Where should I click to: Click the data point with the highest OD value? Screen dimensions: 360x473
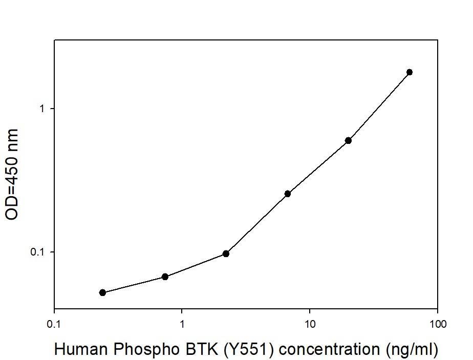tap(409, 72)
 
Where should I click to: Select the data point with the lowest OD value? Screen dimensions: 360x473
tap(102, 292)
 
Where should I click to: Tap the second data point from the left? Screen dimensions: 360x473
tap(165, 277)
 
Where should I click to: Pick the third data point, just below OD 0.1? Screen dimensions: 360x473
tap(226, 253)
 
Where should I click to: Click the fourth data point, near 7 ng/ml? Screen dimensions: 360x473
tap(288, 194)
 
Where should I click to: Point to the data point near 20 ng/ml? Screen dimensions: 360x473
tap(348, 140)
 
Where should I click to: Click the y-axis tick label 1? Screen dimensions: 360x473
tap(43, 109)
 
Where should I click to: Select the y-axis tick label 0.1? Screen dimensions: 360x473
tap(39, 252)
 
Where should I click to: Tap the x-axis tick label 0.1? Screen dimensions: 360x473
tap(54, 324)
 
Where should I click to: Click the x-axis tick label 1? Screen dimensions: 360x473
tap(182, 324)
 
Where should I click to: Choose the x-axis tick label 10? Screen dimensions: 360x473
tap(309, 324)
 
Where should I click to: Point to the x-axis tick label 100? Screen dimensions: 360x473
tap(437, 324)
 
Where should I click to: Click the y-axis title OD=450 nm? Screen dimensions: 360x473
tap(12, 174)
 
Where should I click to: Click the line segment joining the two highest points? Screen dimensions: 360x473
tap(379, 106)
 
